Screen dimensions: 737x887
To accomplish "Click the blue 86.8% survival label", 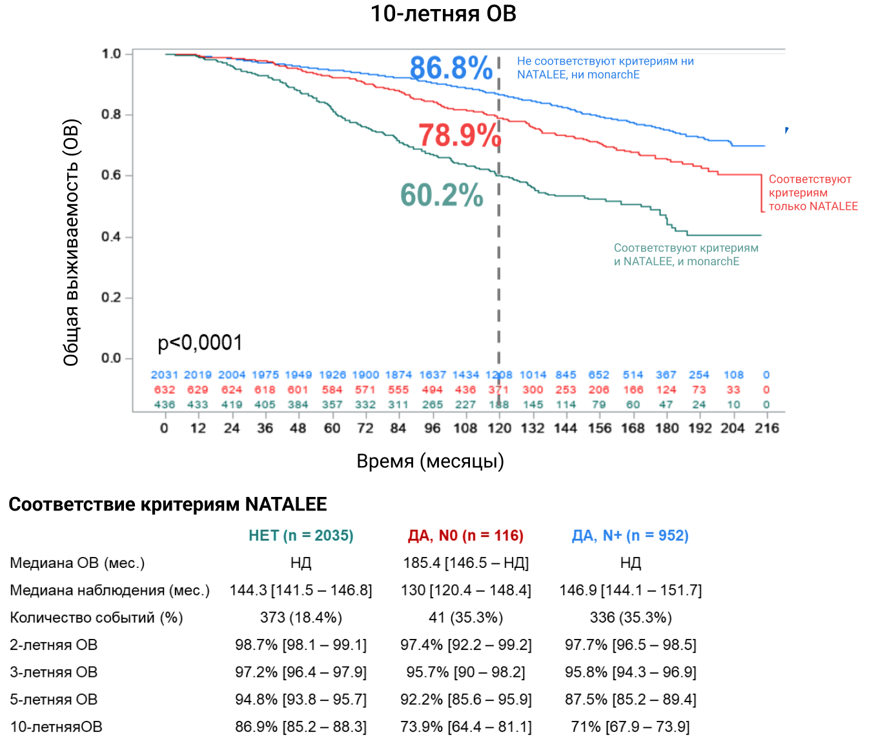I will pos(451,68).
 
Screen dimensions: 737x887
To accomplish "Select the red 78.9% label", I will pos(460,136).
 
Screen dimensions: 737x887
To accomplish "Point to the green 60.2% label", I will pos(442,195).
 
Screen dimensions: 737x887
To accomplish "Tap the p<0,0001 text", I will pos(200,343).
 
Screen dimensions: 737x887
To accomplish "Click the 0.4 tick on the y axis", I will pos(112,237).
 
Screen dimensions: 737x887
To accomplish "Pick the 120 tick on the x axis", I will pos(499,428).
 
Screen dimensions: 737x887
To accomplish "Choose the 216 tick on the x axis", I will pos(766,428).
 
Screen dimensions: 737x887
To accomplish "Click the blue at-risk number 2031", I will pos(164,375).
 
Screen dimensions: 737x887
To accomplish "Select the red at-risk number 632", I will pos(164,390).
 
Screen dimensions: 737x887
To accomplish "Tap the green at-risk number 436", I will pos(164,405).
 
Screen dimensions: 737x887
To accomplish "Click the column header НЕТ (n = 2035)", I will pos(301,536).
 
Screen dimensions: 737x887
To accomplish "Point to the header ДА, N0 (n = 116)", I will pos(465,536).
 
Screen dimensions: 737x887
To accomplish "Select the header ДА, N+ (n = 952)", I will pos(630,536).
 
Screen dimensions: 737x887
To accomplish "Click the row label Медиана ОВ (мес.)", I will pos(77,563).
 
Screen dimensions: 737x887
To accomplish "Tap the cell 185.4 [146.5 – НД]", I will pos(465,563).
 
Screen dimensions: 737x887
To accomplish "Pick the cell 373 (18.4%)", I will pos(301,618).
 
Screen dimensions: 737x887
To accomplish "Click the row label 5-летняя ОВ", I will pos(54,700).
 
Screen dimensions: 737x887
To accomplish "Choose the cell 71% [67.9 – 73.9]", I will pos(630,727).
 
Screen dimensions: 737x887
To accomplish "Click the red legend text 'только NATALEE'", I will pos(813,207).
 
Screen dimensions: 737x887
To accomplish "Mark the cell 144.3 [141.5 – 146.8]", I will pos(301,591).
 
